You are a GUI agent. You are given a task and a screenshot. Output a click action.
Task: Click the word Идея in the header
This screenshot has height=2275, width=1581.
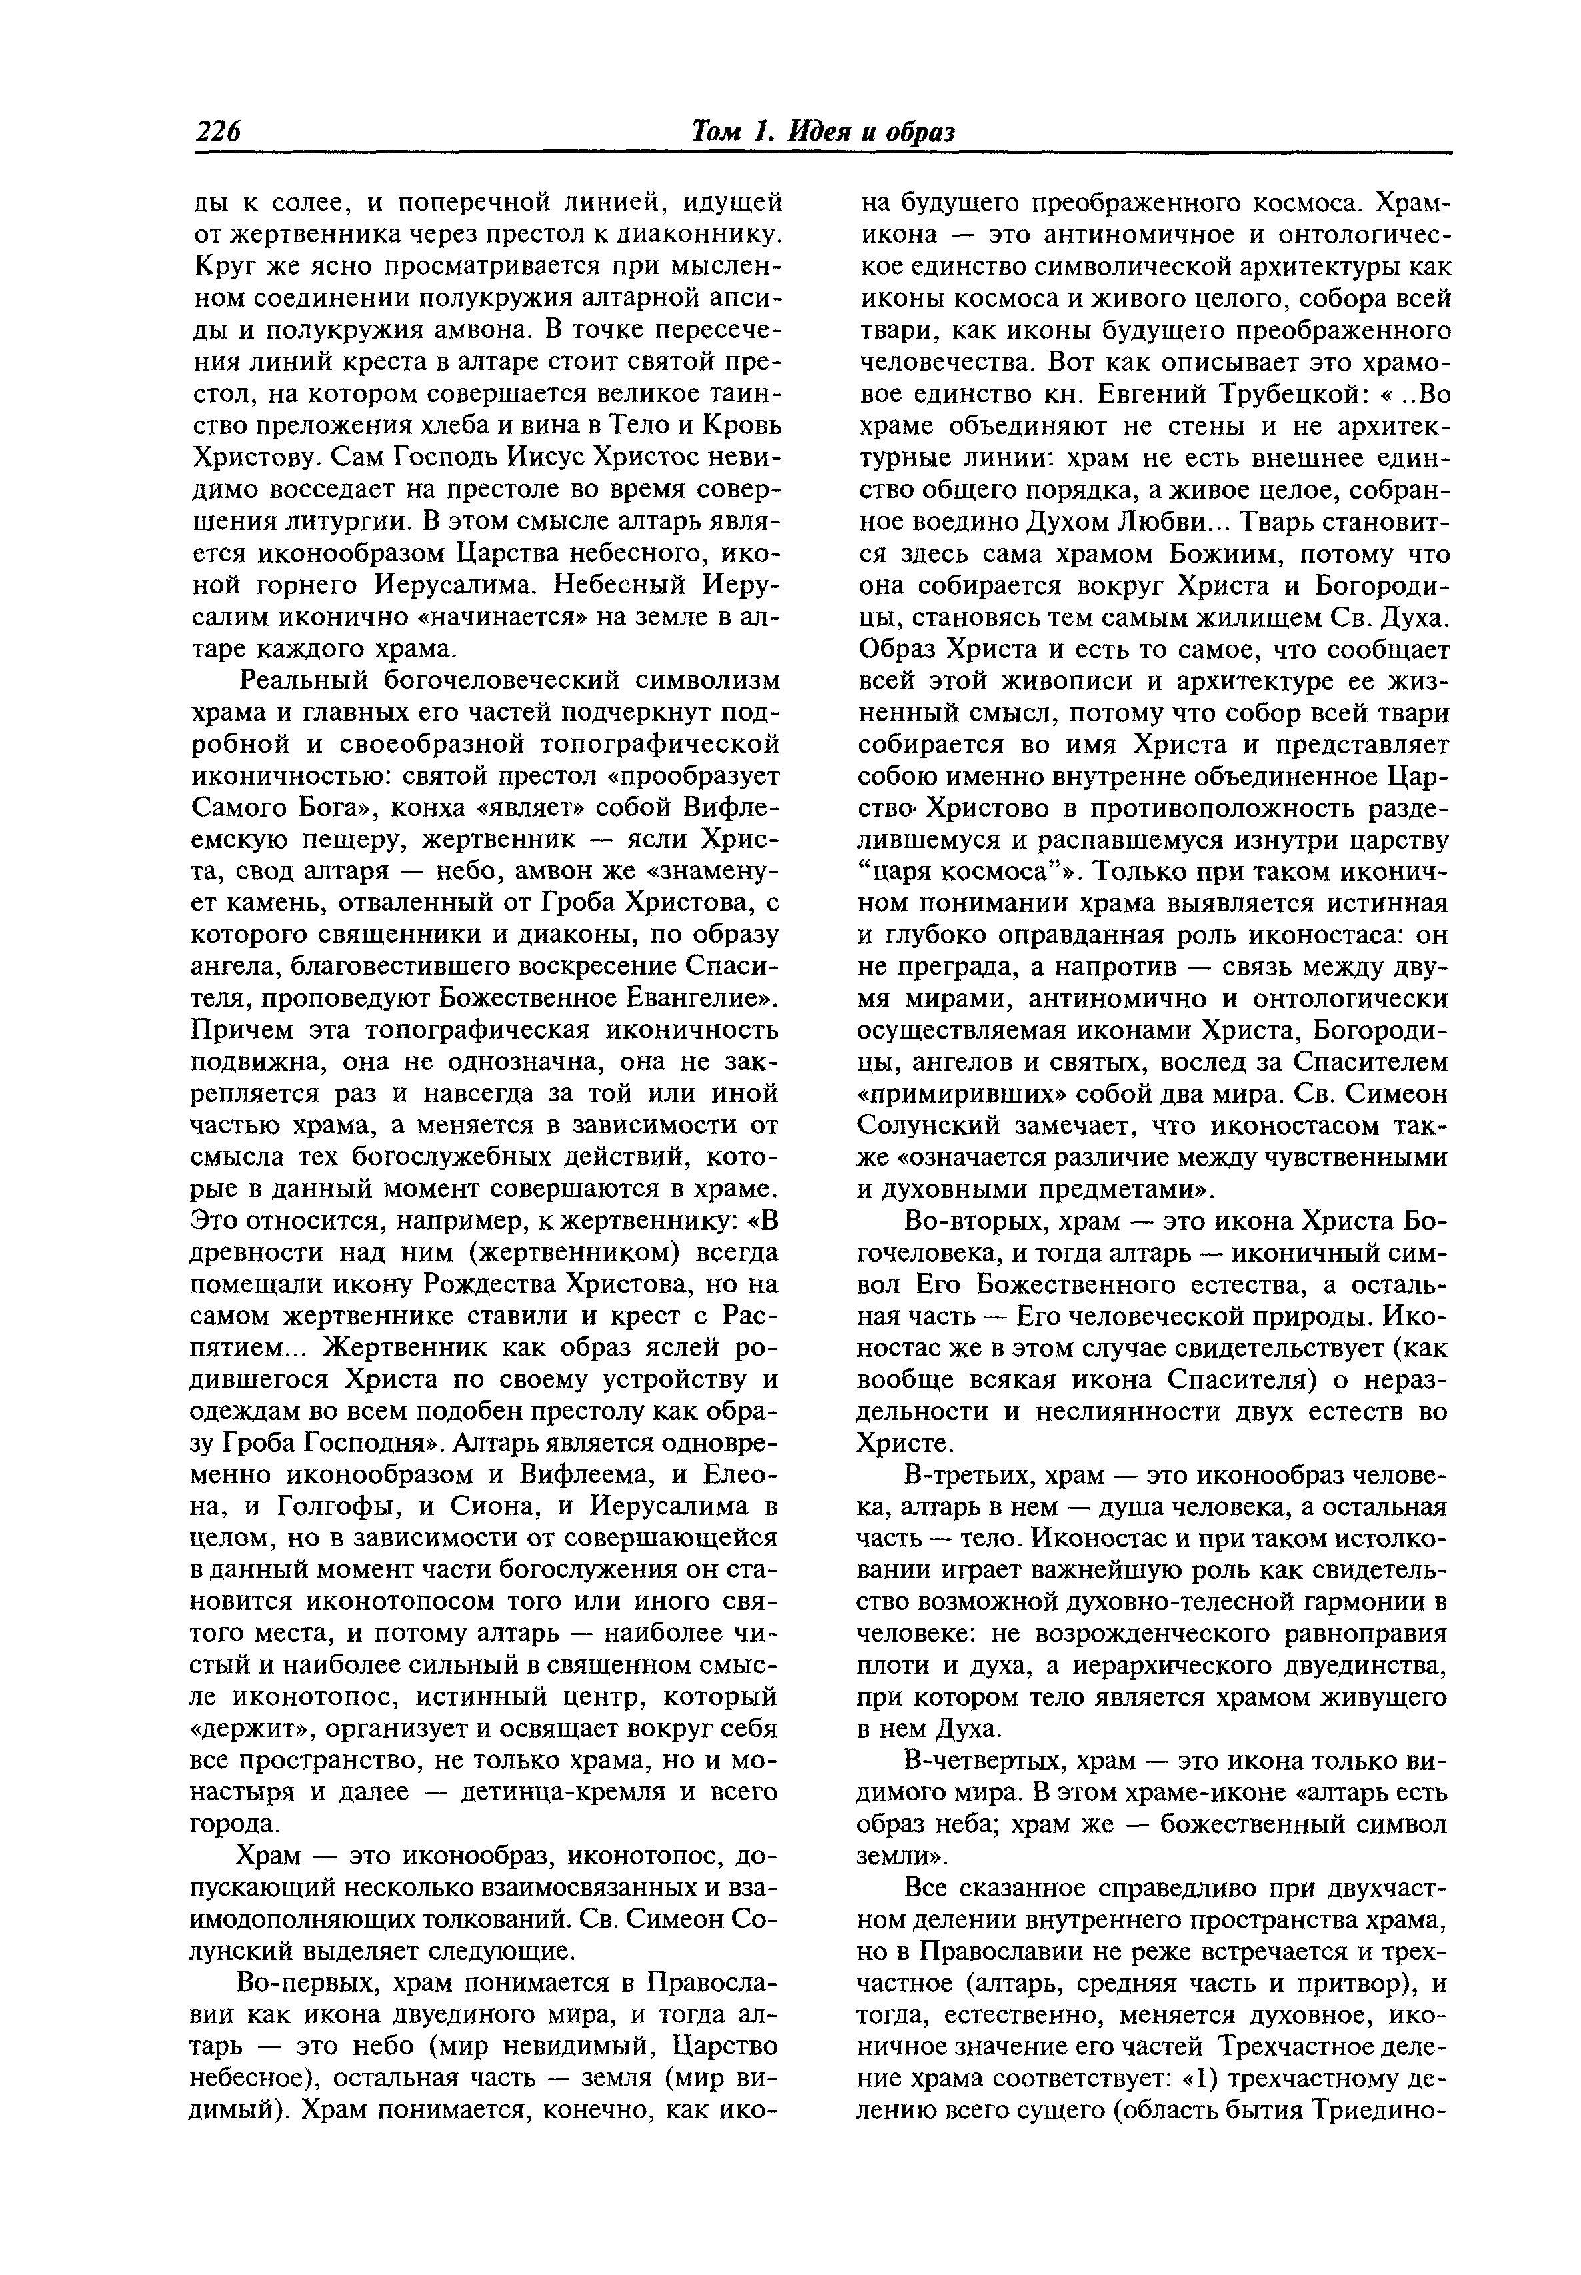tap(821, 132)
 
